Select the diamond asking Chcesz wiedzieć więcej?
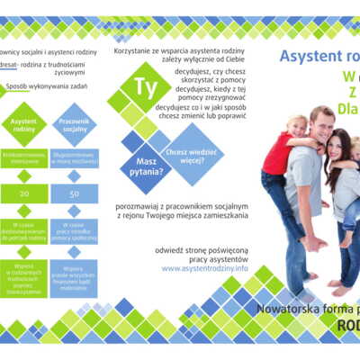point(190,145)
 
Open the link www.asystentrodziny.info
point(205,268)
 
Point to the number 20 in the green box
point(24,193)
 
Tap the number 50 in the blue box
point(74,193)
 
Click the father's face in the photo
point(321,121)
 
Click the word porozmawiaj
point(142,202)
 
